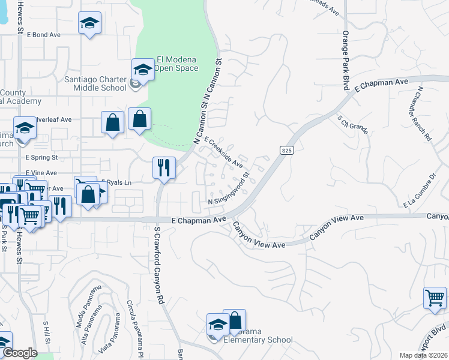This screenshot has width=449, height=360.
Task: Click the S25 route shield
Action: click(x=286, y=151)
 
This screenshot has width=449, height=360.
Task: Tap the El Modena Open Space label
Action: click(x=177, y=64)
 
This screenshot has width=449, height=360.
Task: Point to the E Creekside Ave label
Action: click(x=223, y=152)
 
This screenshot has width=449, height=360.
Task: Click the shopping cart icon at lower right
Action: click(x=435, y=297)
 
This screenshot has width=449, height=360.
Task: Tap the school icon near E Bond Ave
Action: click(x=90, y=23)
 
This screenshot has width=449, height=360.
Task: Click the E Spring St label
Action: click(x=41, y=158)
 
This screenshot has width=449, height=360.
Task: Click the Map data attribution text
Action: click(x=424, y=355)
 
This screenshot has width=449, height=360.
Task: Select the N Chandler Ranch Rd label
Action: click(x=424, y=113)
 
